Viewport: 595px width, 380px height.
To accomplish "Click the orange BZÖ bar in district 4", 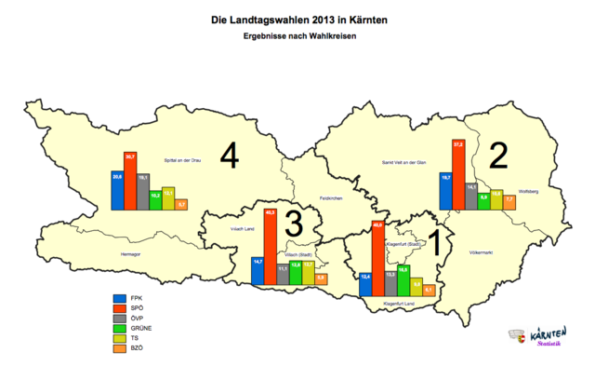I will point(181,205).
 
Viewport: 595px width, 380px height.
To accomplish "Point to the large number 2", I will point(498,156).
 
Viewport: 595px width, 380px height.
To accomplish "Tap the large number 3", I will point(293,224).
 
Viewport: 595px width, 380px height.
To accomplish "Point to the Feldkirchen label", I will point(332,197).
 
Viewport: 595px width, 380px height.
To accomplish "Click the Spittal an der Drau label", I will point(183,160).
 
